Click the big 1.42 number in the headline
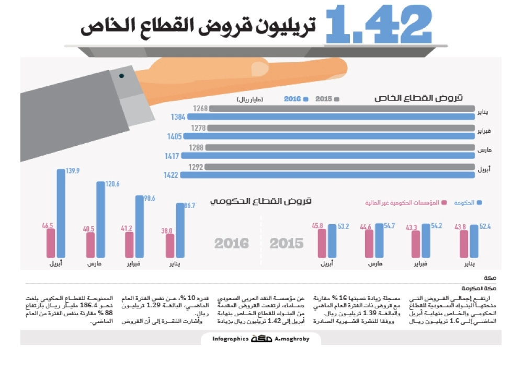[379, 26]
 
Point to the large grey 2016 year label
[231, 243]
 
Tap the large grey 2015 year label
[286, 243]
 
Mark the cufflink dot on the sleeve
[121, 76]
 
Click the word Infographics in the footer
[230, 339]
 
